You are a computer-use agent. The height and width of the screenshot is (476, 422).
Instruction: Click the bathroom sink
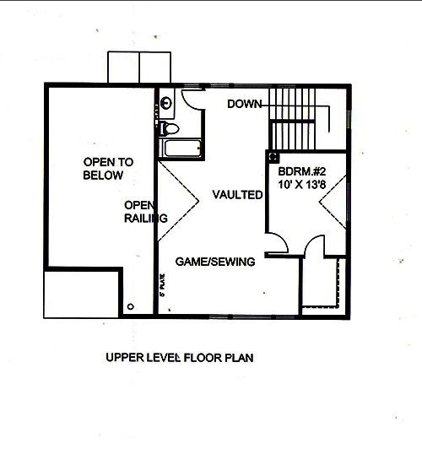tap(167, 104)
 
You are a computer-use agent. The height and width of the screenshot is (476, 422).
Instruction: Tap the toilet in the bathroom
tap(168, 128)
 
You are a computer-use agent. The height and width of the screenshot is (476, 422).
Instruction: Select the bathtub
tap(178, 149)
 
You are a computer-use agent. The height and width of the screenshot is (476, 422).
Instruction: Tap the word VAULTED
tap(237, 194)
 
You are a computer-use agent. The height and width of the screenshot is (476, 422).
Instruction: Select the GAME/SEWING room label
tap(215, 262)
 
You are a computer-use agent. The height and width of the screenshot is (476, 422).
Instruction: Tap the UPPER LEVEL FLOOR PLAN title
tap(180, 357)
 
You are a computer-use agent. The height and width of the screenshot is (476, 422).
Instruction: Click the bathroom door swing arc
tap(194, 100)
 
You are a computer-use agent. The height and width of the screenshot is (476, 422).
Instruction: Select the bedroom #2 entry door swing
tap(277, 243)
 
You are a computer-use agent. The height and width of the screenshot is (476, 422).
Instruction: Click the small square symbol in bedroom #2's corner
tap(273, 156)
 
